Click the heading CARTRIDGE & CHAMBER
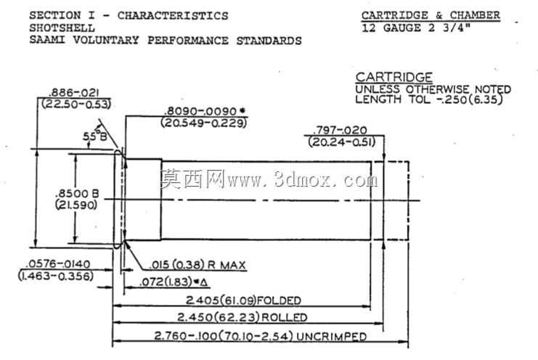[x=431, y=15]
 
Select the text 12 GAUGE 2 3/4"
[x=416, y=28]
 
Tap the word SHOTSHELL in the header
[x=62, y=28]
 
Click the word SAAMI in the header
[x=47, y=40]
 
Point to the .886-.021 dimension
[x=75, y=93]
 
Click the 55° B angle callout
[x=94, y=136]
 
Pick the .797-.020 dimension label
[x=340, y=131]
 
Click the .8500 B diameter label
[x=77, y=194]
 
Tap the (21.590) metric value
[x=76, y=205]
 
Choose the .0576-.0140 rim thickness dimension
[x=58, y=264]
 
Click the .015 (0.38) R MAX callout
[x=198, y=265]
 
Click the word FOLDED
[x=279, y=300]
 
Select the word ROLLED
[x=285, y=317]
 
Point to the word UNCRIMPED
[x=332, y=336]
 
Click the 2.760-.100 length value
[x=186, y=336]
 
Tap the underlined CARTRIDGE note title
[x=394, y=77]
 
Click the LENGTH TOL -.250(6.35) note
[x=429, y=99]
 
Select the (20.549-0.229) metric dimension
[x=204, y=123]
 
